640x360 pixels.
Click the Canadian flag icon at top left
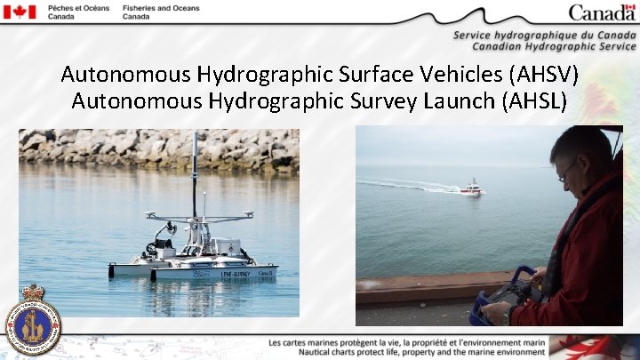[19, 12]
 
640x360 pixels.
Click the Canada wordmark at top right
[603, 12]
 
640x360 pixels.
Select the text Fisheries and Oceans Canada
[161, 12]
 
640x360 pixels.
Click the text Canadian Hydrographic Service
[554, 45]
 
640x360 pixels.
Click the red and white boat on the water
[471, 188]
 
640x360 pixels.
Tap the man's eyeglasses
[567, 172]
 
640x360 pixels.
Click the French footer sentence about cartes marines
[406, 342]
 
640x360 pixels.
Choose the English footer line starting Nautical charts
[406, 353]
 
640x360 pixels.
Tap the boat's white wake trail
[409, 185]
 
